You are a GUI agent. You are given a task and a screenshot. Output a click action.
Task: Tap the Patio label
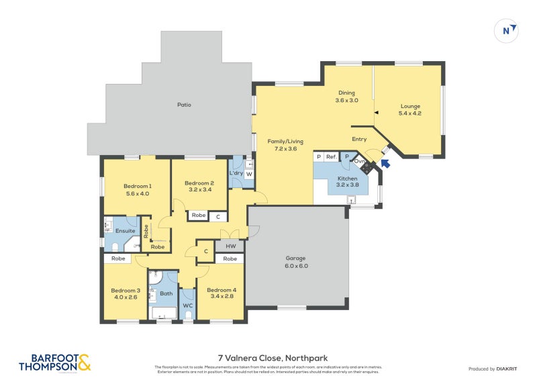pos(183,105)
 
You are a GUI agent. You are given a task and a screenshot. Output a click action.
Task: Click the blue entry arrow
pos(385,162)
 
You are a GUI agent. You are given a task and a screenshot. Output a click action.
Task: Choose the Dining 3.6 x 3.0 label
pos(346,97)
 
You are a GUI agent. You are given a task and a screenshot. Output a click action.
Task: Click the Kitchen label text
pos(347,178)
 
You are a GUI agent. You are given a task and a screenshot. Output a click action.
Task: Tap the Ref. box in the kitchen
pos(331,157)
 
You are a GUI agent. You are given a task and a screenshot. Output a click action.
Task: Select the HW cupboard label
pos(230,246)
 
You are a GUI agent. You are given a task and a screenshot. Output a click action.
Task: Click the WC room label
pos(187,305)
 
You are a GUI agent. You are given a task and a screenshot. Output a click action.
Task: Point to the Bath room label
pos(166,293)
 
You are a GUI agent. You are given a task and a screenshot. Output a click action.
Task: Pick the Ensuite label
pos(126,231)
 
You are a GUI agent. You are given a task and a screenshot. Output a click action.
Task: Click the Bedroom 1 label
pos(137,186)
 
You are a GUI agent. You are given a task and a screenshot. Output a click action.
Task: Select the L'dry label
pos(236,174)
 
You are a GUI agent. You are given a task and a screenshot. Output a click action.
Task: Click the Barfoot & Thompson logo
pos(53,362)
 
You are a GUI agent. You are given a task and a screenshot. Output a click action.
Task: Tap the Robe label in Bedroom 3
pos(118,258)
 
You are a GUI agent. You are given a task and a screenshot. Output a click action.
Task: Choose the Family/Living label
pos(285,142)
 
